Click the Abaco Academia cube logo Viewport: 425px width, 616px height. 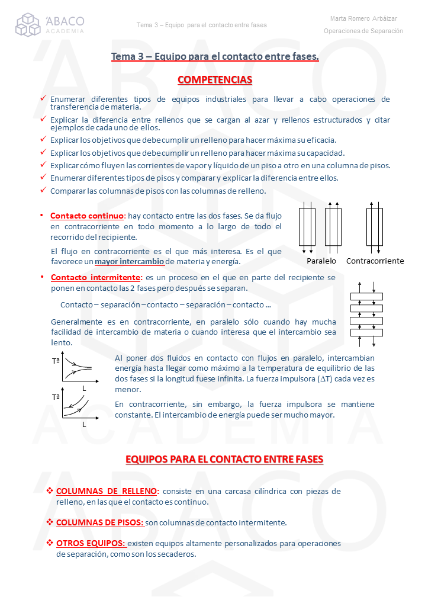pos(28,25)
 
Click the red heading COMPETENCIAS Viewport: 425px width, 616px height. pos(215,80)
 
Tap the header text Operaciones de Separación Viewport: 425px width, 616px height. pos(363,31)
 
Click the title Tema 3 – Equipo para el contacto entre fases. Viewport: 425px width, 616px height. pos(215,57)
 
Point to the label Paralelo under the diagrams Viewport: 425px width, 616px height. pos(321,261)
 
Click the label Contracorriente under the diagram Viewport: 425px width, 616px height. pos(375,261)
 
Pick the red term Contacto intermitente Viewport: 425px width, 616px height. pos(96,277)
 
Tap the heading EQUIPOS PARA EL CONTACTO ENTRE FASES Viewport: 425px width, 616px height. pos(224,460)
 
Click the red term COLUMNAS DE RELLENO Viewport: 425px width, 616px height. pos(107,491)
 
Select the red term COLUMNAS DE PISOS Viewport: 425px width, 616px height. pos(99,522)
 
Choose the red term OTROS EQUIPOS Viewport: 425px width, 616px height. pos(91,543)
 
